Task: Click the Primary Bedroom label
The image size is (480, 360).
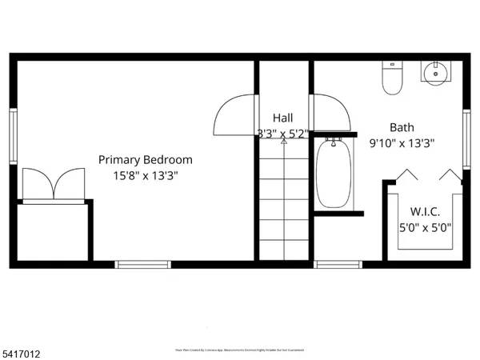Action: coord(145,159)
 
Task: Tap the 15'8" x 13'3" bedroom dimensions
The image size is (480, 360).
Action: coord(145,175)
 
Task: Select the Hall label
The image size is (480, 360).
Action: coord(282,118)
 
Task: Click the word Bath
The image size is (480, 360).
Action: coord(402,127)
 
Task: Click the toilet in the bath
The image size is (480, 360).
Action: coord(392,78)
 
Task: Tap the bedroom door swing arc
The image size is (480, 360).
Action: coord(234,115)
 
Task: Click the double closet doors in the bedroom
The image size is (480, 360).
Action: coord(54,184)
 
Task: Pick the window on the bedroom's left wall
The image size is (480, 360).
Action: coord(14,136)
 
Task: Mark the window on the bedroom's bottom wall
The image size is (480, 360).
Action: coord(143,263)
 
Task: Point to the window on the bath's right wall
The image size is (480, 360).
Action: coord(466,138)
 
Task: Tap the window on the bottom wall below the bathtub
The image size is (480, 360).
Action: coord(338,263)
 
